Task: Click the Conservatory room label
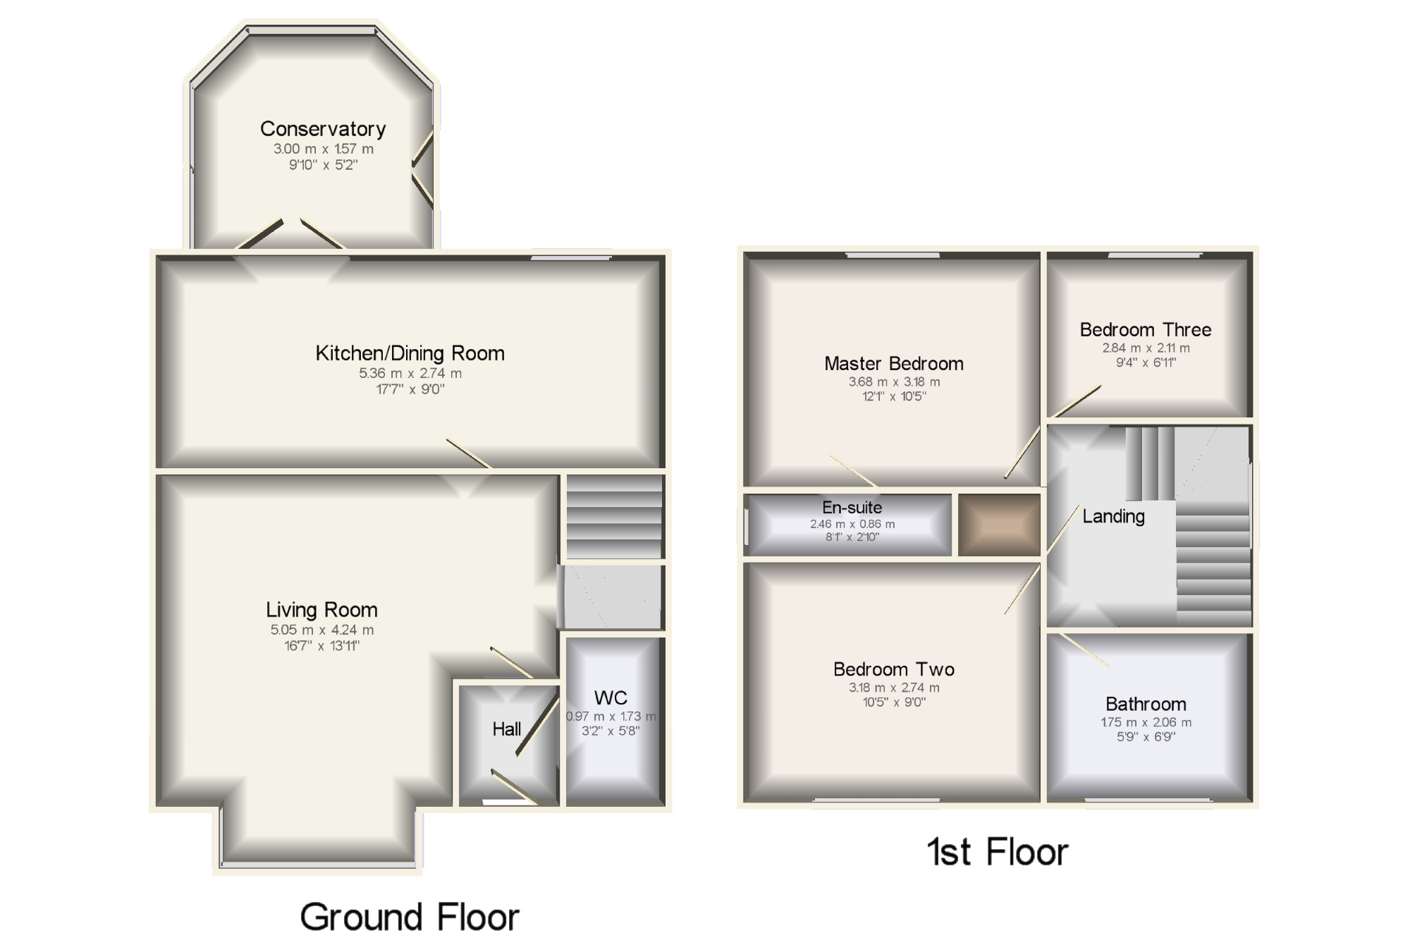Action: coord(323,129)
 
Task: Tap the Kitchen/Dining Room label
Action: coord(410,353)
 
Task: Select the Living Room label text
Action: coord(321,610)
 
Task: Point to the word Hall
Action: coord(507,729)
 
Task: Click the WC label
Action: coord(611,698)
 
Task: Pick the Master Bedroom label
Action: coord(894,364)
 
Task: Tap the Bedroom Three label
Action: coord(1146,330)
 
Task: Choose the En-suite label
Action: coord(852,508)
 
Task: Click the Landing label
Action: coord(1113,517)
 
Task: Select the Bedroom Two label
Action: coord(894,669)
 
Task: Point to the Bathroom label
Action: coord(1146,704)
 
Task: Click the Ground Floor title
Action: coord(410,917)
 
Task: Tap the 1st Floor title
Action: coord(998,852)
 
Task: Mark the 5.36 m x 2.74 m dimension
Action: coord(410,374)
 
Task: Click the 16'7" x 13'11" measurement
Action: coord(322,646)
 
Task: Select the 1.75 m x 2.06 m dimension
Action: coord(1146,722)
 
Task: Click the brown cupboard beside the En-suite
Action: coord(999,525)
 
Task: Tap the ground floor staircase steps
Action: coord(615,517)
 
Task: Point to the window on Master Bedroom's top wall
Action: coord(893,255)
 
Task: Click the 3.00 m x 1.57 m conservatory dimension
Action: coord(324,149)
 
